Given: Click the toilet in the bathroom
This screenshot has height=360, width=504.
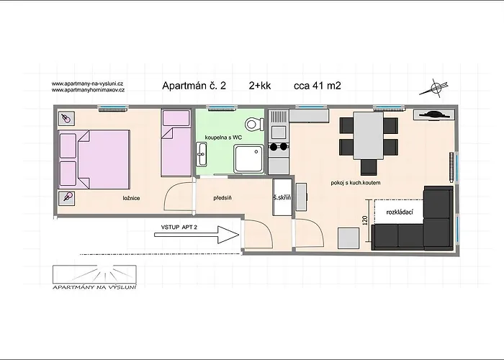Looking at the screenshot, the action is click(x=255, y=124).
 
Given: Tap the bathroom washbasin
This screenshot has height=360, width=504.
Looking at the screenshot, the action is click(x=202, y=154).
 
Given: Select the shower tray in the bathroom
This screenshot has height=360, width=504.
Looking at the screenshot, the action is click(x=249, y=159).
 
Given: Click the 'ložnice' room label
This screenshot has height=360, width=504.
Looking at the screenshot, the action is click(x=132, y=198).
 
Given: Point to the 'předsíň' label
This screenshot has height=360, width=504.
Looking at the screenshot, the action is click(x=222, y=198).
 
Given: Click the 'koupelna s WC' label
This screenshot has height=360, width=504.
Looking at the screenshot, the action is click(x=223, y=138).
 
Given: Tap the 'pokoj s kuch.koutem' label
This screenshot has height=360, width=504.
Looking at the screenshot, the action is click(x=356, y=183).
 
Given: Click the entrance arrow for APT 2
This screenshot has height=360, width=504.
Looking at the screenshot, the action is click(x=197, y=235).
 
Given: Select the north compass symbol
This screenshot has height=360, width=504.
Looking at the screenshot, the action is click(x=435, y=87).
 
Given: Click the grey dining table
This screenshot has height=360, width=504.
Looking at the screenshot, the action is click(x=369, y=135).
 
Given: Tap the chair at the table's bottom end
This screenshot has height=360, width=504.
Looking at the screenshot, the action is click(x=369, y=167).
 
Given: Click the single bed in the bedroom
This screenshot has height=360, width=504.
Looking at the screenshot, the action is click(x=176, y=143).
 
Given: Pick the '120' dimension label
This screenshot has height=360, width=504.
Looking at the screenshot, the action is click(x=365, y=220).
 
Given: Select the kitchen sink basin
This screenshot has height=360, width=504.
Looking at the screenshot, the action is click(x=279, y=132).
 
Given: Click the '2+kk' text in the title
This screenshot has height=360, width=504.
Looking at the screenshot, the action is click(x=260, y=86).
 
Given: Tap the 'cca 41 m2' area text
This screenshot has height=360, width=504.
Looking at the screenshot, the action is click(x=318, y=86).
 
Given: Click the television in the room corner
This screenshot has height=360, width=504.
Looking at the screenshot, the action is click(x=434, y=114).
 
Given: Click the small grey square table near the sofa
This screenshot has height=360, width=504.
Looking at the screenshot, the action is click(x=348, y=238).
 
